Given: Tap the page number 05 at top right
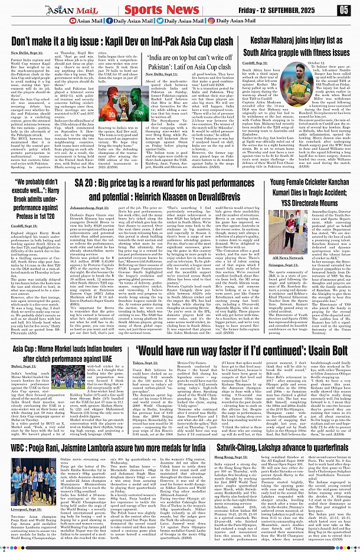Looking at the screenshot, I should pyautogui.click(x=345, y=10).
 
